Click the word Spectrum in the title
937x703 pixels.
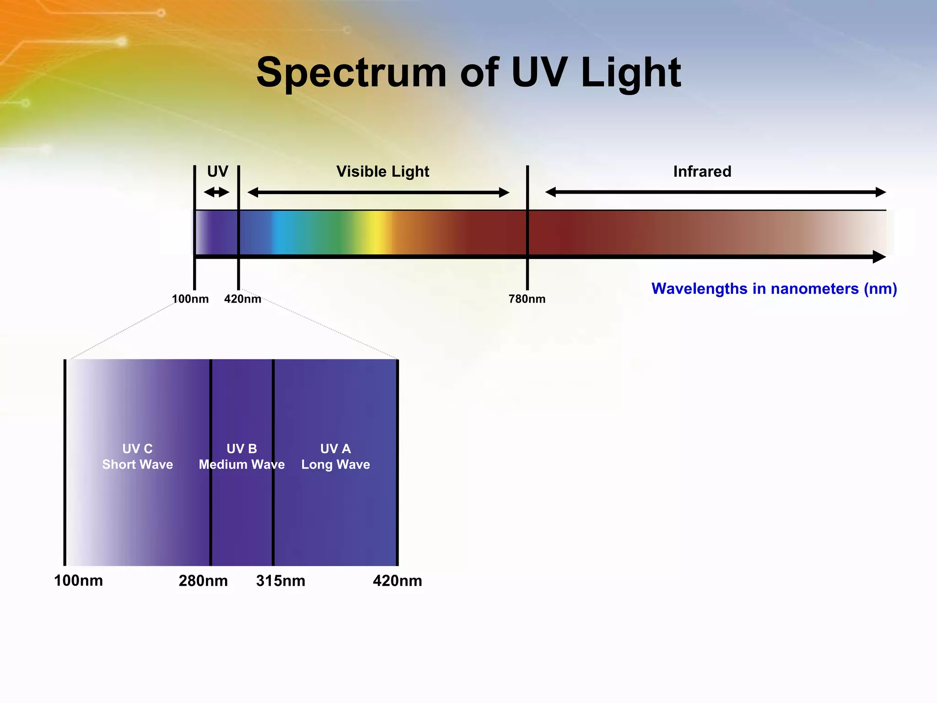tap(351, 73)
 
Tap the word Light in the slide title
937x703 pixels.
tap(631, 73)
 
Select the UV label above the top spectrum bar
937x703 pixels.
tap(217, 172)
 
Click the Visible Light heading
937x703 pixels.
tap(382, 172)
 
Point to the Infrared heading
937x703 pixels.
tap(702, 172)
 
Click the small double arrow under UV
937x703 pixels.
tap(216, 192)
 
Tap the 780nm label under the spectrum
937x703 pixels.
tap(527, 299)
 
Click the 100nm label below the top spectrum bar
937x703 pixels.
tap(190, 299)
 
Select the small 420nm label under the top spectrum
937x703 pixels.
tap(242, 299)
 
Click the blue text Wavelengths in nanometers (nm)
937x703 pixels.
tap(774, 289)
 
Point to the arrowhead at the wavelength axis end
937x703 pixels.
tap(879, 257)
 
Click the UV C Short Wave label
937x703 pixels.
tap(137, 456)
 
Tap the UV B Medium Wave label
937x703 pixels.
tap(242, 456)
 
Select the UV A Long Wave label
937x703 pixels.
tap(335, 456)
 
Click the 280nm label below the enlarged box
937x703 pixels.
tap(203, 581)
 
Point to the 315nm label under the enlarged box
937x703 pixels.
tap(280, 581)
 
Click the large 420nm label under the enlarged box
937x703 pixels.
tap(397, 581)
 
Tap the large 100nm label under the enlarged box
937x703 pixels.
tap(78, 581)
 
